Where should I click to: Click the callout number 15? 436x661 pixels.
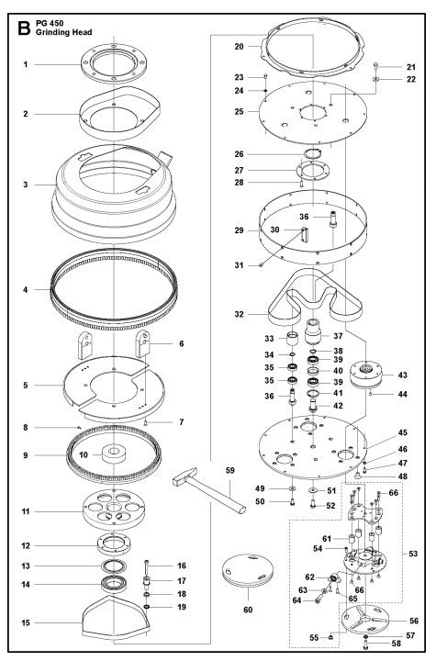(x=27, y=622)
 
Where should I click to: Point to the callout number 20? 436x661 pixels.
(x=239, y=46)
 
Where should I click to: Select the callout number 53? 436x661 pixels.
(x=413, y=555)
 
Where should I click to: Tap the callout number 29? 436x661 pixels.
(x=239, y=230)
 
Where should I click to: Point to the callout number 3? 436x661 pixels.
(x=27, y=185)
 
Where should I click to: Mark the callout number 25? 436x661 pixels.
(x=239, y=111)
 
